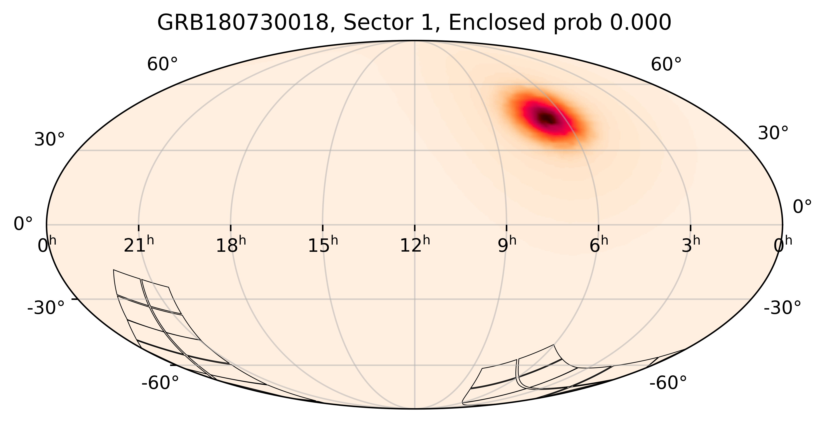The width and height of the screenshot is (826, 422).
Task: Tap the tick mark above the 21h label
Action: click(139, 228)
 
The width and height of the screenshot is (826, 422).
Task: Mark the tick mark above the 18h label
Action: click(231, 228)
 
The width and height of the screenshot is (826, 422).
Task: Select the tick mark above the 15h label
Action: click(323, 228)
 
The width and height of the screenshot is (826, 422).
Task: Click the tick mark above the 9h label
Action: click(507, 228)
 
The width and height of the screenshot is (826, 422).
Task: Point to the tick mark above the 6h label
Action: click(599, 228)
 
